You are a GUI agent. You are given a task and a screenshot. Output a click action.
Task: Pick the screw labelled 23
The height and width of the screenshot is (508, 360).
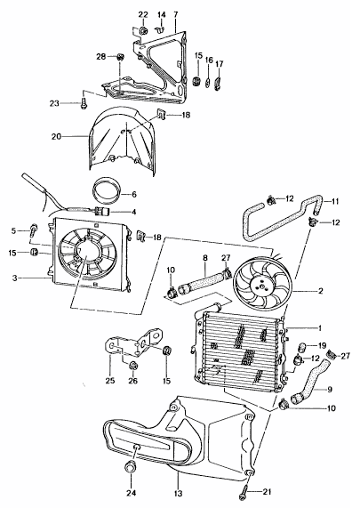point(84,104)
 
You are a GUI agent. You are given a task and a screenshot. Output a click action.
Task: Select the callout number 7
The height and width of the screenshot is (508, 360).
point(175,15)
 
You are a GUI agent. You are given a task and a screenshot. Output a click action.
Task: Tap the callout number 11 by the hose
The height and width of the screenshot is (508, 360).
point(336,201)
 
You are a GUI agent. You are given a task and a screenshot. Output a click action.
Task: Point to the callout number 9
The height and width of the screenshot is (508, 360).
point(330,388)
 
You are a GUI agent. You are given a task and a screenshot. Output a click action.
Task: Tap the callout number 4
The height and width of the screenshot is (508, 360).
point(133,212)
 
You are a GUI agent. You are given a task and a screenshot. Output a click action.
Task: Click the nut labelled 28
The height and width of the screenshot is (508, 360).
point(118,60)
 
